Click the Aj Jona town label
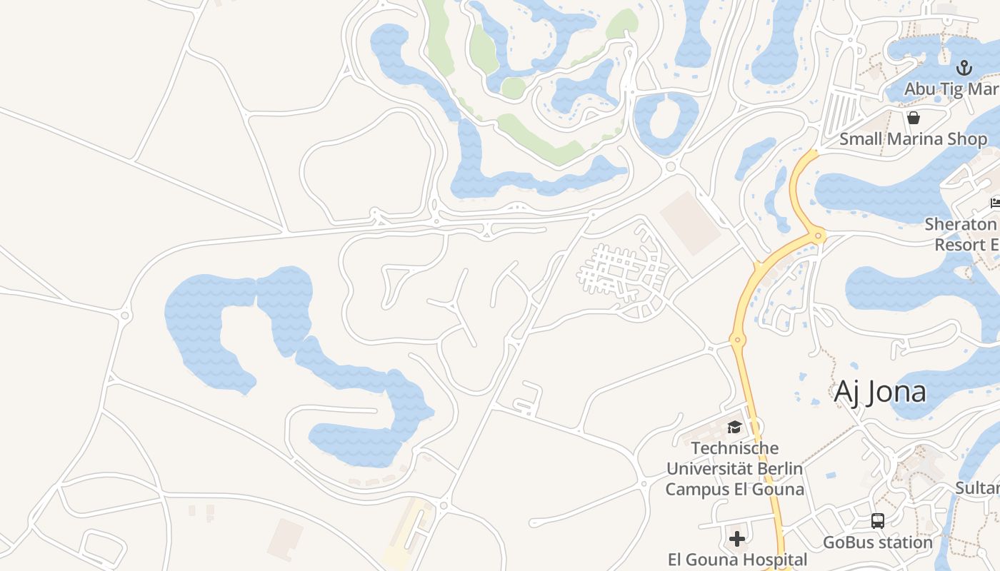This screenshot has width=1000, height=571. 880,392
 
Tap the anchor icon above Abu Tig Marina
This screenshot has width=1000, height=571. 964,69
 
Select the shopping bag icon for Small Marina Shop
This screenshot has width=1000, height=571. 913,118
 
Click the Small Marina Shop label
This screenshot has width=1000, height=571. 913,138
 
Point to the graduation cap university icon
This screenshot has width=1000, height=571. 734,428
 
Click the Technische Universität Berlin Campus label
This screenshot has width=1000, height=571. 734,469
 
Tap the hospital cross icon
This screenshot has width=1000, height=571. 737,538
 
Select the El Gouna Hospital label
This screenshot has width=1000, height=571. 737,559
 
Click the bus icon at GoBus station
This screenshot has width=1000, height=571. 878,521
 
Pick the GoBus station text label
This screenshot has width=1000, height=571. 878,542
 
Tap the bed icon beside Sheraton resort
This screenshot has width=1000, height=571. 995,203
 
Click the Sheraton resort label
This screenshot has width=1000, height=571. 964,234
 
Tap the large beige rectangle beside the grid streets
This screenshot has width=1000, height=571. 690,223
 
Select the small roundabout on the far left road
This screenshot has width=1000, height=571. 126,315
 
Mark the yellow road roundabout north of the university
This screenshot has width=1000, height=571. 738,340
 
